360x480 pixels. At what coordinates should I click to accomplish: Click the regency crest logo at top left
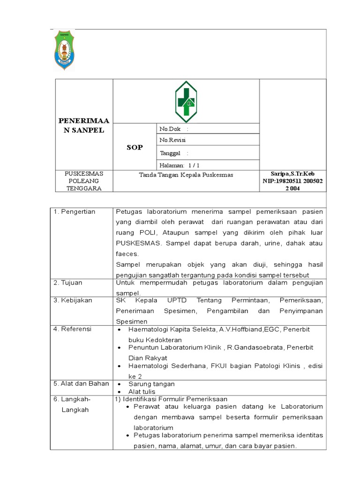pos(64,51)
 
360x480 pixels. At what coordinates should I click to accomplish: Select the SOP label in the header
pos(135,147)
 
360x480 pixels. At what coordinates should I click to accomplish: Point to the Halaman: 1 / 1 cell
pos(180,165)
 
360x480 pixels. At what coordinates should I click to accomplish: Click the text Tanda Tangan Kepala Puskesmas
pos(186,175)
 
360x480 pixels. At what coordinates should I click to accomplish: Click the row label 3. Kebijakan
pos(73,300)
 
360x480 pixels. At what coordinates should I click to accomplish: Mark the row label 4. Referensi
pos(72,329)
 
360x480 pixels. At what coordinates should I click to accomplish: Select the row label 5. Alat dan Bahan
pos(81,383)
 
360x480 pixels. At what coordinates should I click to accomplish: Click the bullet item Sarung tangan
pos(151,384)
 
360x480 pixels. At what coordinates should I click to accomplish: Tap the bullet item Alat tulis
pos(142,391)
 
